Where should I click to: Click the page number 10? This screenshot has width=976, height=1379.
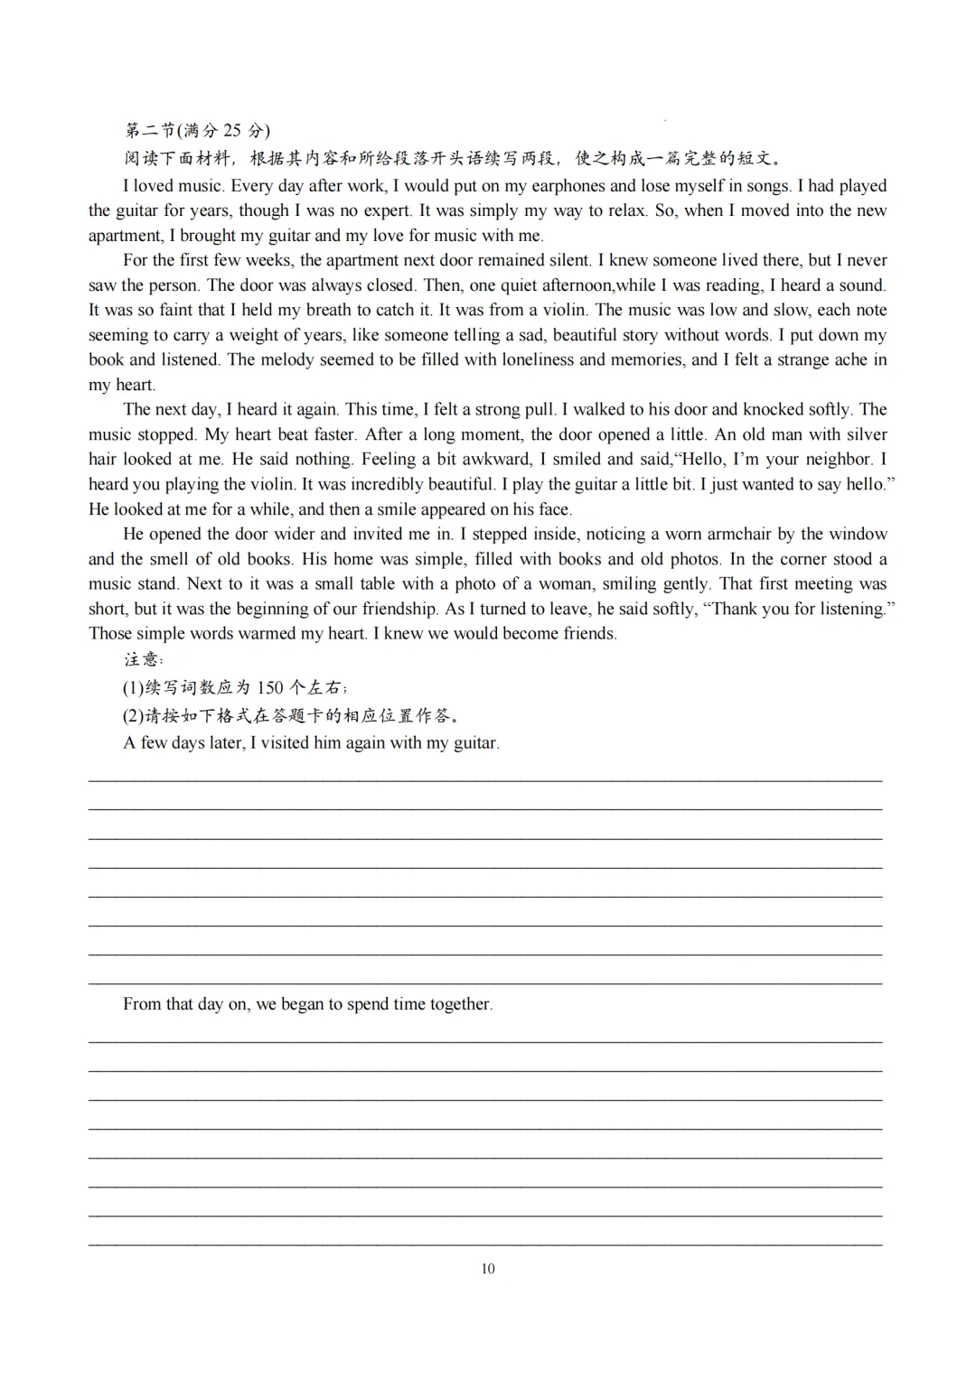pyautogui.click(x=488, y=1269)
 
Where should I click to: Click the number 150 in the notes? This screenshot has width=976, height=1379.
pyautogui.click(x=270, y=687)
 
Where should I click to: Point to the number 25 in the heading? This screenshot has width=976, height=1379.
pyautogui.click(x=232, y=131)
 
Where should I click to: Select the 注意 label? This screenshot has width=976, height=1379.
pyautogui.click(x=143, y=659)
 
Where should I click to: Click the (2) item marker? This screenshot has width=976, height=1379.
pyautogui.click(x=134, y=716)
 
